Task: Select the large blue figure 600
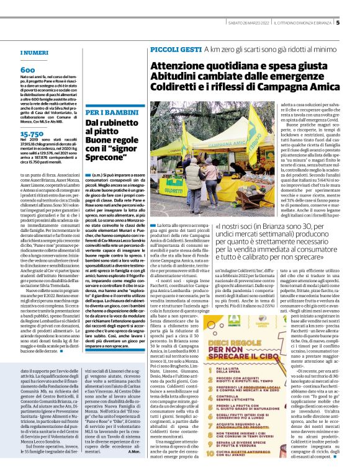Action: [27, 70]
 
